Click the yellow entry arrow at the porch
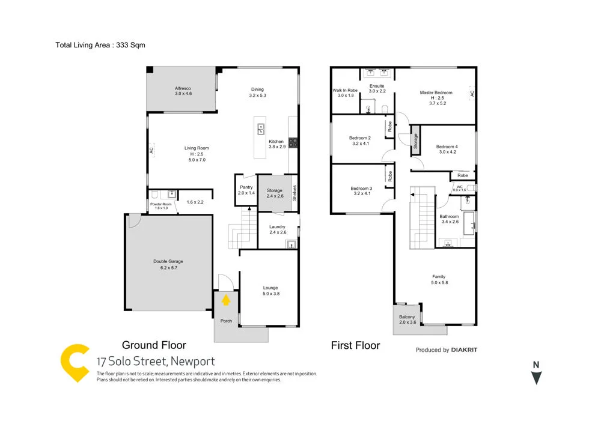click(227, 300)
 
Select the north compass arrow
click(537, 377)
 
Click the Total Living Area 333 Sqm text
click(100, 45)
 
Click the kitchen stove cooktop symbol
click(294, 142)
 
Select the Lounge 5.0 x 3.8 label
click(270, 291)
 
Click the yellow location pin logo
click(76, 363)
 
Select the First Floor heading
click(355, 345)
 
